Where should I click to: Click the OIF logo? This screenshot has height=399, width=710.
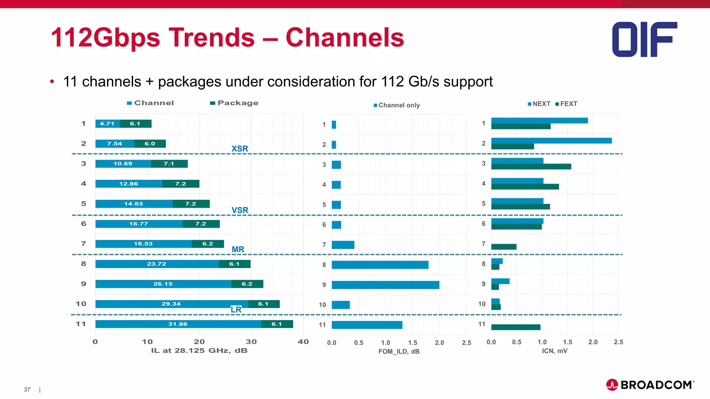[x=644, y=39]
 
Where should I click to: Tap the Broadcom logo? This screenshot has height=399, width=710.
[x=650, y=385]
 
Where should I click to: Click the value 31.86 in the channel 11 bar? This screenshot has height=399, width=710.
[x=178, y=324]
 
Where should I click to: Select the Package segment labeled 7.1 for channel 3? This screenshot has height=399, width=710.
[x=169, y=164]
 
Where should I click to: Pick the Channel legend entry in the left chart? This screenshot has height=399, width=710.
[x=150, y=103]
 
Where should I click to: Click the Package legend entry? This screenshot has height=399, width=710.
[x=234, y=103]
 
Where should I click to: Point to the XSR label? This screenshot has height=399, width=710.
[x=240, y=149]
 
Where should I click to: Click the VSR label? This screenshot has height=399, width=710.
[x=240, y=210]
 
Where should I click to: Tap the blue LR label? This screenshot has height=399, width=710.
[x=236, y=310]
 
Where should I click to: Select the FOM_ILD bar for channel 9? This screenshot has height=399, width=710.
[x=385, y=285]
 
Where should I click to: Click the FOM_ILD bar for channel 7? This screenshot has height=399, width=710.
[x=343, y=245]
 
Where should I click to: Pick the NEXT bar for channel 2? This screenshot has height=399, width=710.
[x=551, y=141]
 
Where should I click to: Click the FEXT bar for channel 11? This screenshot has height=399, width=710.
[x=516, y=327]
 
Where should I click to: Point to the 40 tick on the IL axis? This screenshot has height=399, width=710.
[x=303, y=342]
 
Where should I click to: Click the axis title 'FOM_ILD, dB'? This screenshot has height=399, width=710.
[x=399, y=352]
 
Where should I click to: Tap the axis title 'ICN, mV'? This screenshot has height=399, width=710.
[x=554, y=351]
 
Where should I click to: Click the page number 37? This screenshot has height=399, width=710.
[x=27, y=390]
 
